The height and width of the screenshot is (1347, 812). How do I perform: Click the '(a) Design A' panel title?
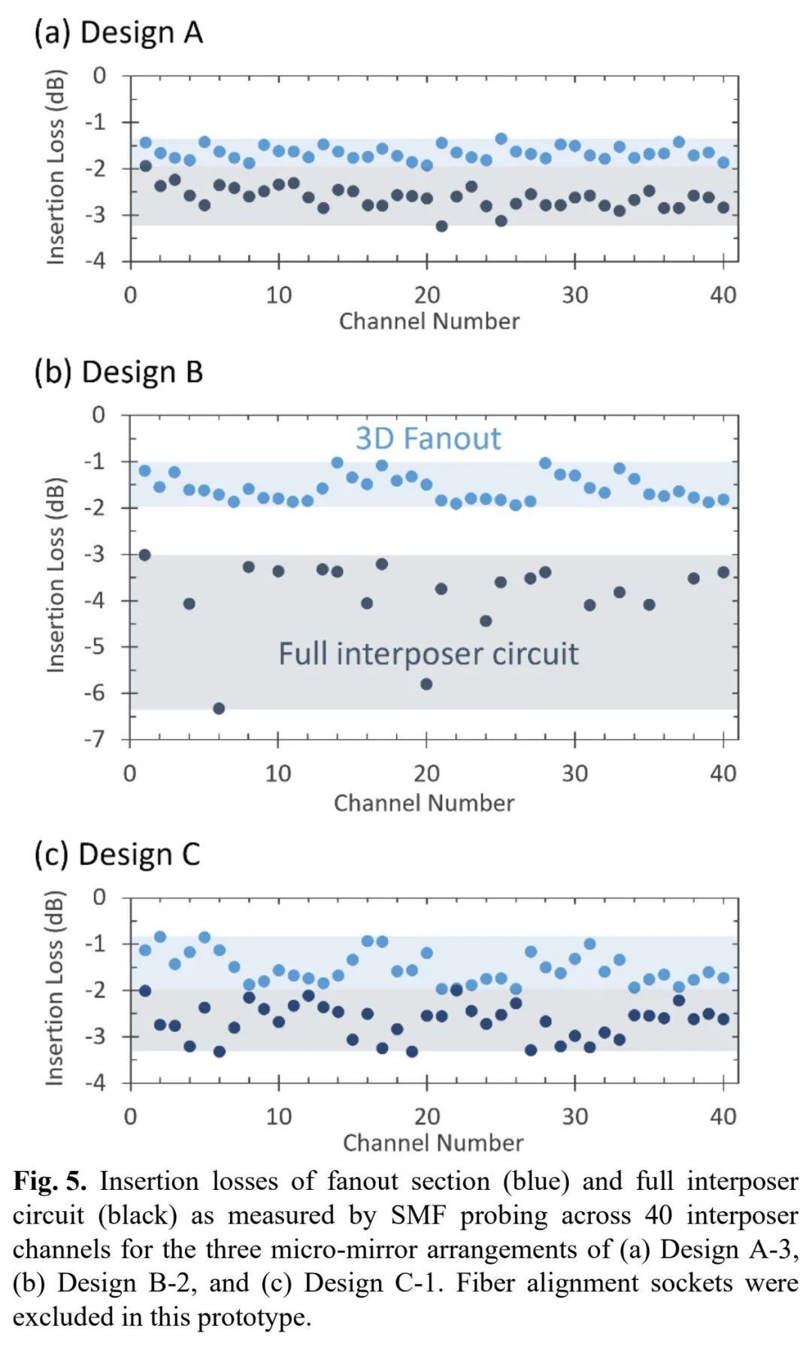pos(118,33)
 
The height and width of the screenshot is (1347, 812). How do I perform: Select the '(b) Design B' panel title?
pos(118,373)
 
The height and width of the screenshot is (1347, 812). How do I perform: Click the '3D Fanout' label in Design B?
pos(428,439)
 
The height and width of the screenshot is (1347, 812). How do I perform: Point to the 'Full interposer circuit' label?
pos(428,654)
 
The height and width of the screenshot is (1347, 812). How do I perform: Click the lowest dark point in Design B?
pos(219,708)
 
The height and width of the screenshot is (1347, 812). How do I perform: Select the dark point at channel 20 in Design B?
pos(426,684)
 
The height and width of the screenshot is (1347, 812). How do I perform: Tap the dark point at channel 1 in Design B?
pos(145,555)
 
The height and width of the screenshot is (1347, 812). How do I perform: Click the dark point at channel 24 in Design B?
pos(486,621)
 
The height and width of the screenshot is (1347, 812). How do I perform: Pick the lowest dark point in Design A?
pos(441,226)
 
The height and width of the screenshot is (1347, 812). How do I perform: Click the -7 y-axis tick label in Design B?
pos(95,740)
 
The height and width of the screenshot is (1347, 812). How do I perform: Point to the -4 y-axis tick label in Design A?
pos(95,262)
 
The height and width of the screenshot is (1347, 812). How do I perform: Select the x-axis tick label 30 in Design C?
pos(574,1116)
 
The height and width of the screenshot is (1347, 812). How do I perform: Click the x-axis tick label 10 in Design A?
pos(278,295)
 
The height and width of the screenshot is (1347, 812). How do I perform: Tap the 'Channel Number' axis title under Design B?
pos(424,804)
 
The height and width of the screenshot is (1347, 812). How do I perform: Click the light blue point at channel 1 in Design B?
pos(145,471)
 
